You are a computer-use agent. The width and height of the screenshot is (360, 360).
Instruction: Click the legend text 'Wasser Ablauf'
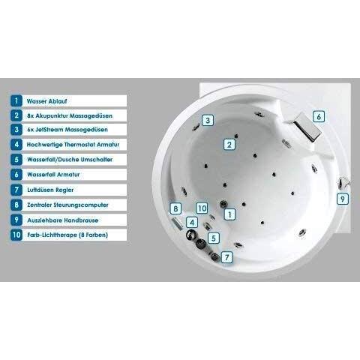point(46,101)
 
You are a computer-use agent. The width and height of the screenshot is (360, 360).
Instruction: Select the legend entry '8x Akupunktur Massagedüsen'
point(70,115)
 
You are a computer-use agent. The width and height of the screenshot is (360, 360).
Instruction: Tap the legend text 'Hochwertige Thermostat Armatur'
point(73,145)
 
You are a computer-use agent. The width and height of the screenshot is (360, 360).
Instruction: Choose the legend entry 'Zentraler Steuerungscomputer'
point(67,205)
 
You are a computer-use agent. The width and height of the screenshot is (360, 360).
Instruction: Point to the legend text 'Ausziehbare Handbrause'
point(63,220)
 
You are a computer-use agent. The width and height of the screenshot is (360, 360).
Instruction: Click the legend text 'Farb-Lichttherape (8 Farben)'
point(67,235)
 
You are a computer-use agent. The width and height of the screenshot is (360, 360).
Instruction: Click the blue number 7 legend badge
point(16,190)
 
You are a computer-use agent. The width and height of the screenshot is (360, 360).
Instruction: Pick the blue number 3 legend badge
point(16,130)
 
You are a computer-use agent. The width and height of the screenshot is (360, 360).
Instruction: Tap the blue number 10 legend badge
point(16,235)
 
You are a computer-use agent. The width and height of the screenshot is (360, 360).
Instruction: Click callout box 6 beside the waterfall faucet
point(319,116)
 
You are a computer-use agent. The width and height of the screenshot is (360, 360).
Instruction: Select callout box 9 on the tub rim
point(343,199)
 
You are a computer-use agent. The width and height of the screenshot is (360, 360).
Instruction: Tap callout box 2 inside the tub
point(229,145)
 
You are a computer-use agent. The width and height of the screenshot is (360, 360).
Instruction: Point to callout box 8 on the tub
point(175,208)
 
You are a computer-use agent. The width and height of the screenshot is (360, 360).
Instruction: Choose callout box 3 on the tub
point(208,120)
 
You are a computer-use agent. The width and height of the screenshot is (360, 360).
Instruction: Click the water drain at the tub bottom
point(223,204)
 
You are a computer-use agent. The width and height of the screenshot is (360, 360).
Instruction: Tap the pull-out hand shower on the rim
point(343,183)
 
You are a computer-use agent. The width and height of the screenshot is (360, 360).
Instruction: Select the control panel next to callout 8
point(178,223)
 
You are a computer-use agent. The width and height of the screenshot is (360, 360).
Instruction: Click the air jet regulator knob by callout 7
point(214,256)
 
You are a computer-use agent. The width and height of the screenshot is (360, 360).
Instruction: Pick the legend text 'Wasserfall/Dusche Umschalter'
point(70,160)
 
